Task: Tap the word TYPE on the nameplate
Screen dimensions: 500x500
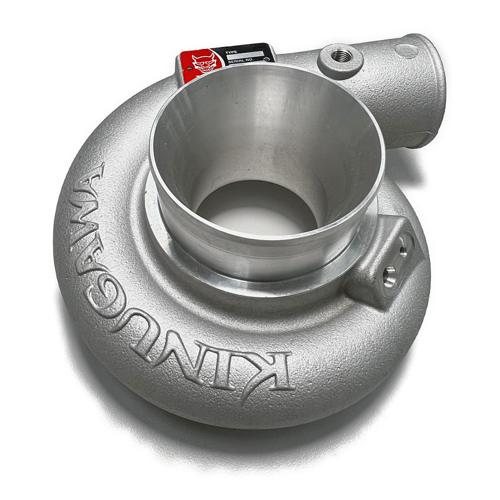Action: [x=231, y=52]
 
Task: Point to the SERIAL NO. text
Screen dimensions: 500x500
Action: [x=241, y=60]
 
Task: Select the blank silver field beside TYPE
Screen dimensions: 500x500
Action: [x=245, y=54]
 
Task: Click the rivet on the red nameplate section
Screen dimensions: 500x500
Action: [x=189, y=68]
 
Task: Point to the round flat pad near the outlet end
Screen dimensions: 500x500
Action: [x=406, y=50]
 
